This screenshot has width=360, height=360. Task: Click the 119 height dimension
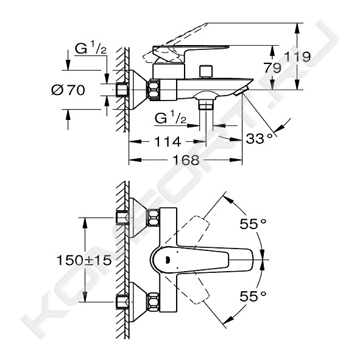(x=297, y=57)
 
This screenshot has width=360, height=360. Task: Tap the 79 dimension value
(x=272, y=68)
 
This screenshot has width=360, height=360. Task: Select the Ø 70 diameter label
(x=68, y=90)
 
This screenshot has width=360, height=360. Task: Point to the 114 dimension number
(x=168, y=141)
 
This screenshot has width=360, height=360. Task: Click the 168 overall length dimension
(x=186, y=160)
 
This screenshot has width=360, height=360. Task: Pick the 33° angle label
(x=259, y=138)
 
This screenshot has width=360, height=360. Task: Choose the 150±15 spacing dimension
(x=84, y=260)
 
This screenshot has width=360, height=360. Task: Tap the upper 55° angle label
(x=253, y=224)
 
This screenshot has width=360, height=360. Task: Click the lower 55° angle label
(x=253, y=296)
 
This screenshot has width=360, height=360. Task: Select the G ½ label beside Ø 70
(x=91, y=49)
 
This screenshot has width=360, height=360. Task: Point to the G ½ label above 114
(x=171, y=119)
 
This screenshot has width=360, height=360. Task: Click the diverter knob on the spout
(x=206, y=72)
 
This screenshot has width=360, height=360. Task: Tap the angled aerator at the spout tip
(x=242, y=91)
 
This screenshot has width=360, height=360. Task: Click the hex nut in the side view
(x=154, y=90)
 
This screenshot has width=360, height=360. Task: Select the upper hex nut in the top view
(x=153, y=217)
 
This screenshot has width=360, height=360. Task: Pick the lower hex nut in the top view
(x=153, y=302)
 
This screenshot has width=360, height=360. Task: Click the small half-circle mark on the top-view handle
(x=168, y=260)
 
